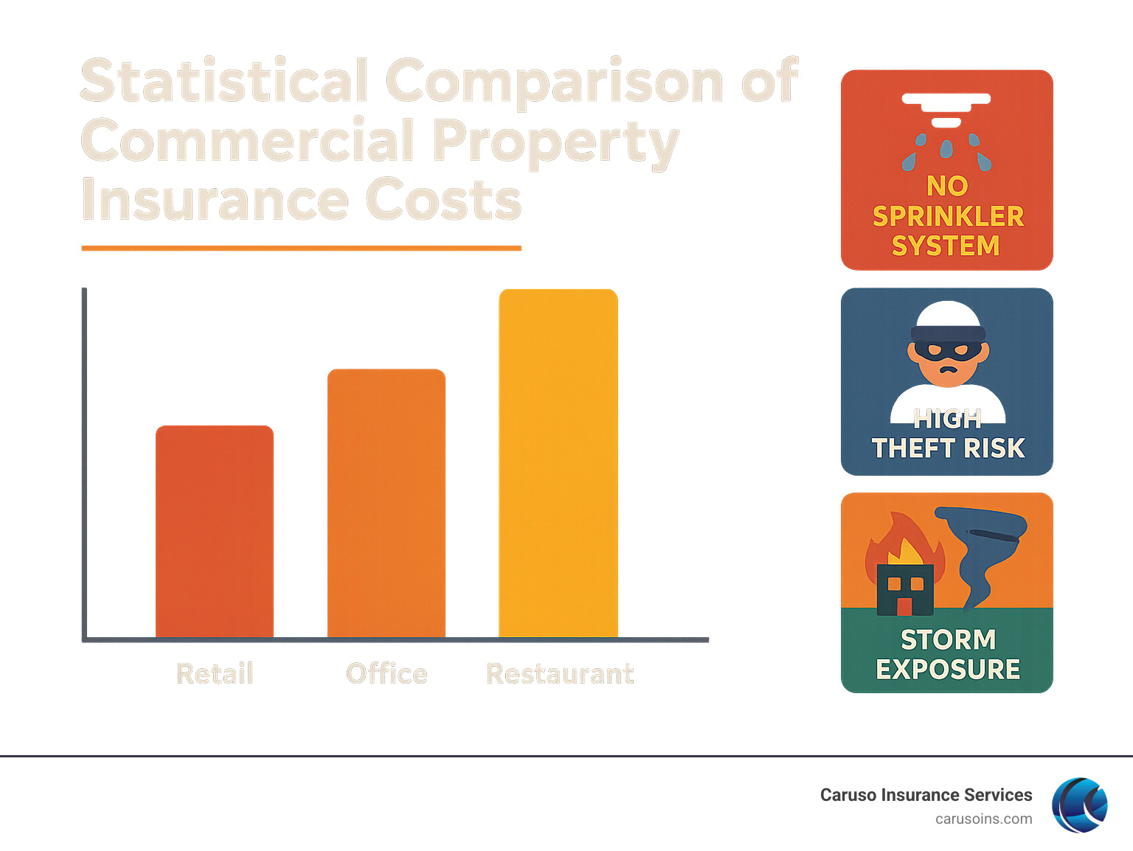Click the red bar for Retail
215,531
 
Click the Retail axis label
215,673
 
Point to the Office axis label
387,673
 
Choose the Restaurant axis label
560,673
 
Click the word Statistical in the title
225,81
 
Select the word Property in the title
555,142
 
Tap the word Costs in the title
443,200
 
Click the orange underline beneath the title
301,249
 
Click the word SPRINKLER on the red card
948,216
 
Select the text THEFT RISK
948,448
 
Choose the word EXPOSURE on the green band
948,670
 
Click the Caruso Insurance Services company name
926,795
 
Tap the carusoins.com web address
983,819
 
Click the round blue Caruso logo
1079,805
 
